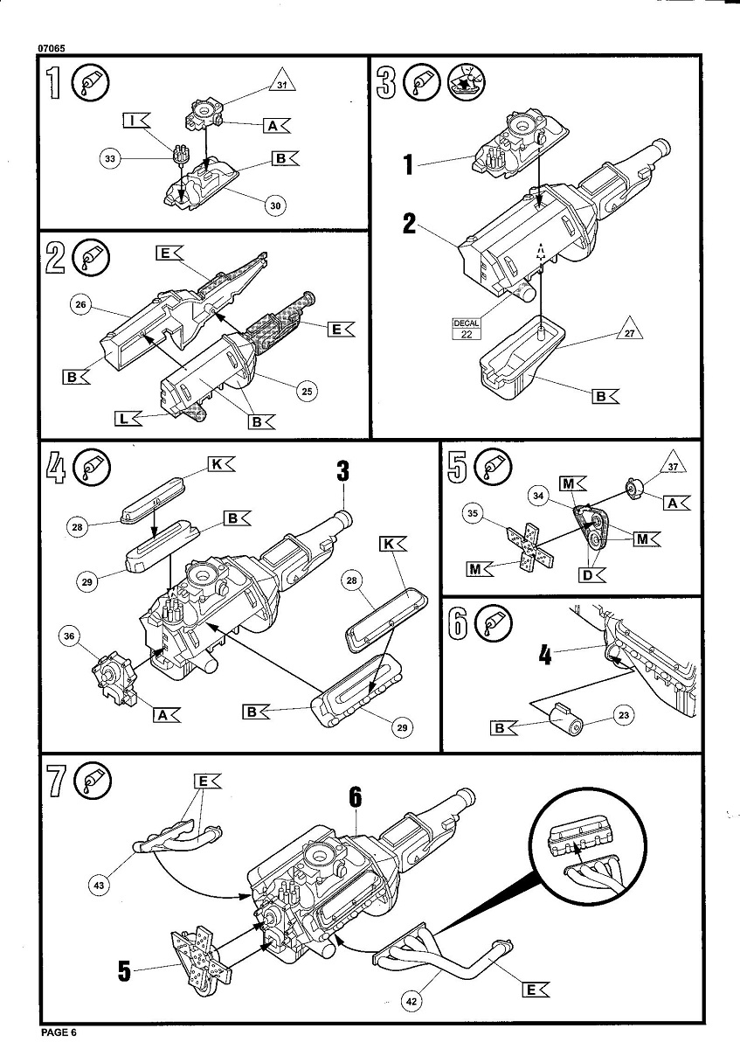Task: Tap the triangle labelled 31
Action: pyautogui.click(x=280, y=85)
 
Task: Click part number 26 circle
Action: pyautogui.click(x=80, y=304)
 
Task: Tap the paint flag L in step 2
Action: pyautogui.click(x=128, y=419)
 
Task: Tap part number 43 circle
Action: pyautogui.click(x=100, y=886)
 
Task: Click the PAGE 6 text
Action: pyautogui.click(x=59, y=1032)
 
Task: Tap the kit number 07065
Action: pyautogui.click(x=52, y=48)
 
